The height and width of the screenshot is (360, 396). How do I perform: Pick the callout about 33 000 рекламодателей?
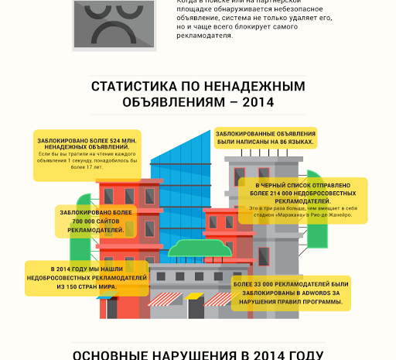290,293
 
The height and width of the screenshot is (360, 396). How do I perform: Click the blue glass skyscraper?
179,186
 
